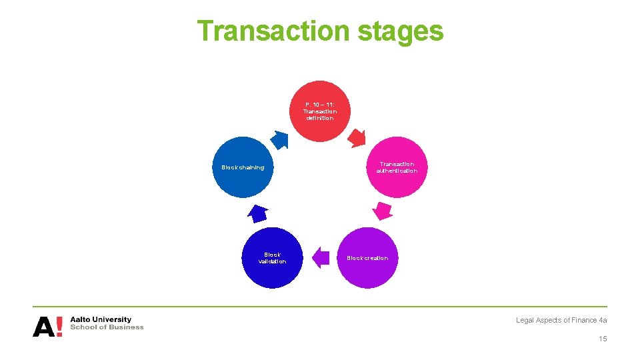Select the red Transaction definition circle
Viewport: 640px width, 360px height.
(x=320, y=111)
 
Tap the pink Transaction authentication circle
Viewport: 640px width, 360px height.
(x=397, y=167)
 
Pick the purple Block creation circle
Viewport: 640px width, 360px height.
(x=367, y=258)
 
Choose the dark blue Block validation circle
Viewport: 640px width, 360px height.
(x=272, y=258)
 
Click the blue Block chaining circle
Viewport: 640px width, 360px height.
(x=243, y=167)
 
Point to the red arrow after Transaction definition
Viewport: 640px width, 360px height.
(x=357, y=137)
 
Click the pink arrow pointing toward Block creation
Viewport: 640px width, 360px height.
(x=382, y=211)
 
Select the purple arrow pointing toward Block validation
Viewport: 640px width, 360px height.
(x=321, y=257)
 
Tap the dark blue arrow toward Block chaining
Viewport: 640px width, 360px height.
(x=257, y=213)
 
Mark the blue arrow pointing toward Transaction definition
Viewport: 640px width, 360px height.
(x=281, y=139)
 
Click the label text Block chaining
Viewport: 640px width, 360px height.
(x=243, y=167)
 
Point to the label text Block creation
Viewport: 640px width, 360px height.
(x=367, y=258)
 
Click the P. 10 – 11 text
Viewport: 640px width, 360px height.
(x=320, y=105)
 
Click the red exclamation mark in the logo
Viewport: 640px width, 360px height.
(x=59, y=326)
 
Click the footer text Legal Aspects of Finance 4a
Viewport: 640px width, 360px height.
(x=561, y=320)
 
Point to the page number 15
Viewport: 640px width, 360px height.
(x=603, y=339)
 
